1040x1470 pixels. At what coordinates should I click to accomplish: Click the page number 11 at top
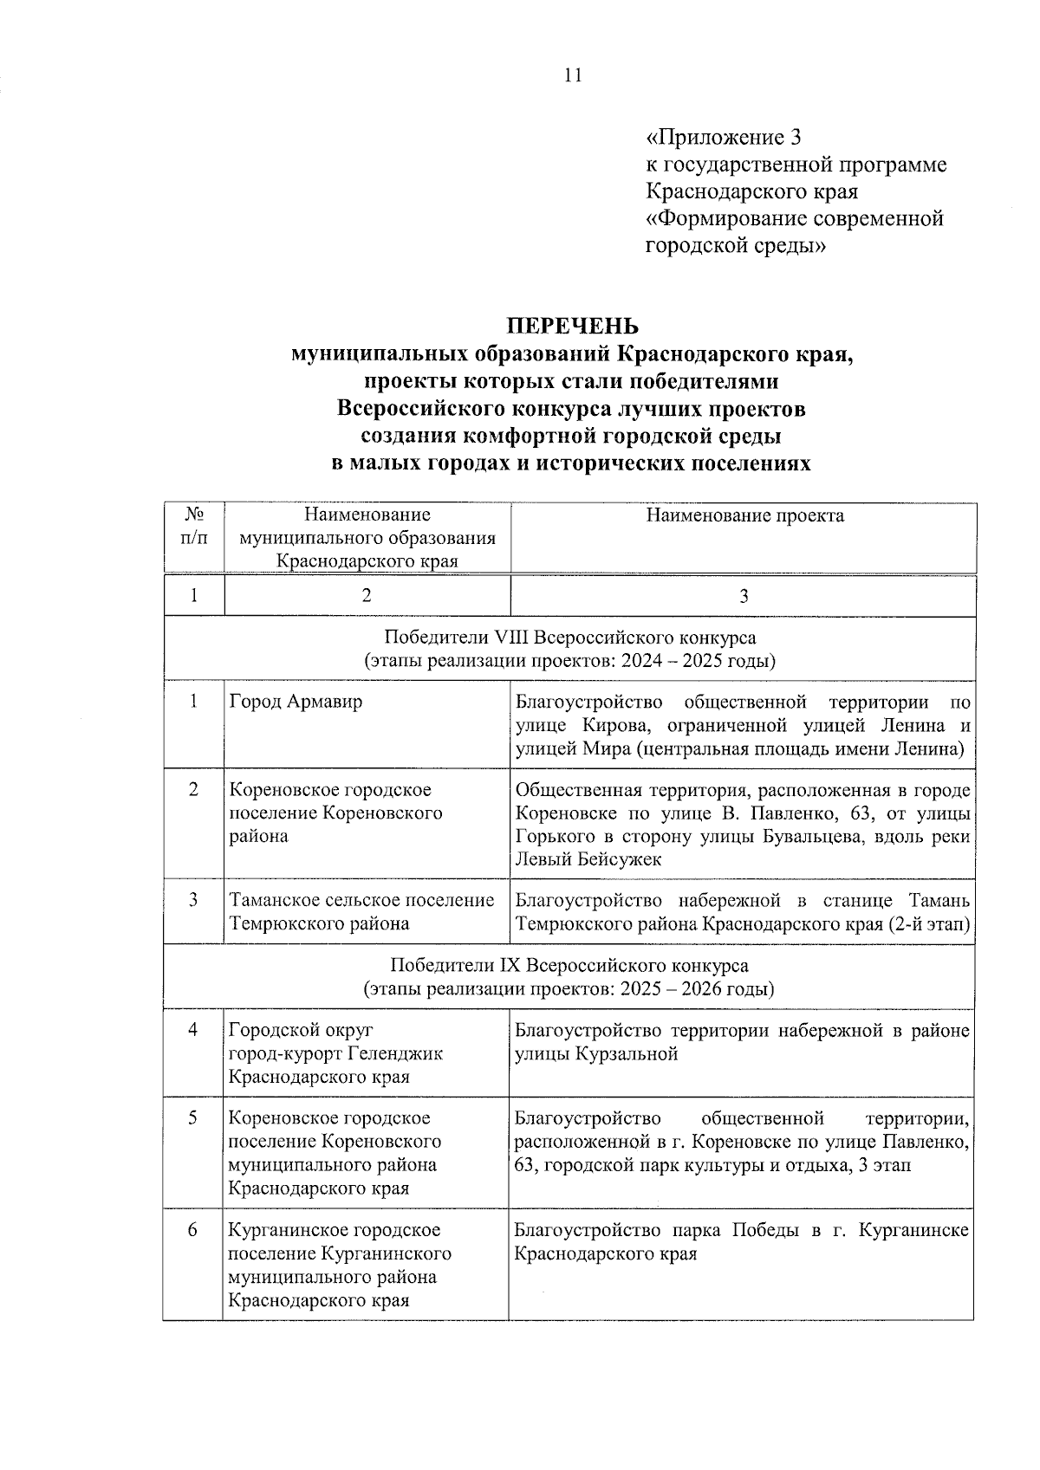point(573,75)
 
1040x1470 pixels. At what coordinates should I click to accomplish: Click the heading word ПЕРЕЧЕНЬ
point(573,326)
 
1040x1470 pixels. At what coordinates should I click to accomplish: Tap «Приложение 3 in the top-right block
point(725,137)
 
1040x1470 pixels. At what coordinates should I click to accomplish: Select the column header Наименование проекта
point(744,516)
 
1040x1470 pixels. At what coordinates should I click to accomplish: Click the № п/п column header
point(194,526)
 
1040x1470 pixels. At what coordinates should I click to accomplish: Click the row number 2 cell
point(193,789)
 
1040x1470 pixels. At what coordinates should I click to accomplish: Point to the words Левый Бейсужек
point(588,859)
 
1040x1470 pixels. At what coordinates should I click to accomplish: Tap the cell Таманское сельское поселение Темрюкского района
point(361,911)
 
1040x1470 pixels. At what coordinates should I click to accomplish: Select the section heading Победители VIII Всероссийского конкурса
point(569,638)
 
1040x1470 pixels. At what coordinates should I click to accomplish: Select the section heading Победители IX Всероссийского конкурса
point(569,965)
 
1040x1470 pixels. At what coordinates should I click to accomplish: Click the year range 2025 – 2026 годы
point(697,988)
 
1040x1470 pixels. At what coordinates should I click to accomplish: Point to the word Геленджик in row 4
point(394,1053)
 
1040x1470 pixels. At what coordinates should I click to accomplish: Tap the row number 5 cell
point(193,1117)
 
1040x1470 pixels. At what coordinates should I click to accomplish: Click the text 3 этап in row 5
point(883,1165)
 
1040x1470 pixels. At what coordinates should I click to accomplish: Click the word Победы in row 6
point(765,1230)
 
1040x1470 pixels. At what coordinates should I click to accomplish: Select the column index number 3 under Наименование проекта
point(744,596)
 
